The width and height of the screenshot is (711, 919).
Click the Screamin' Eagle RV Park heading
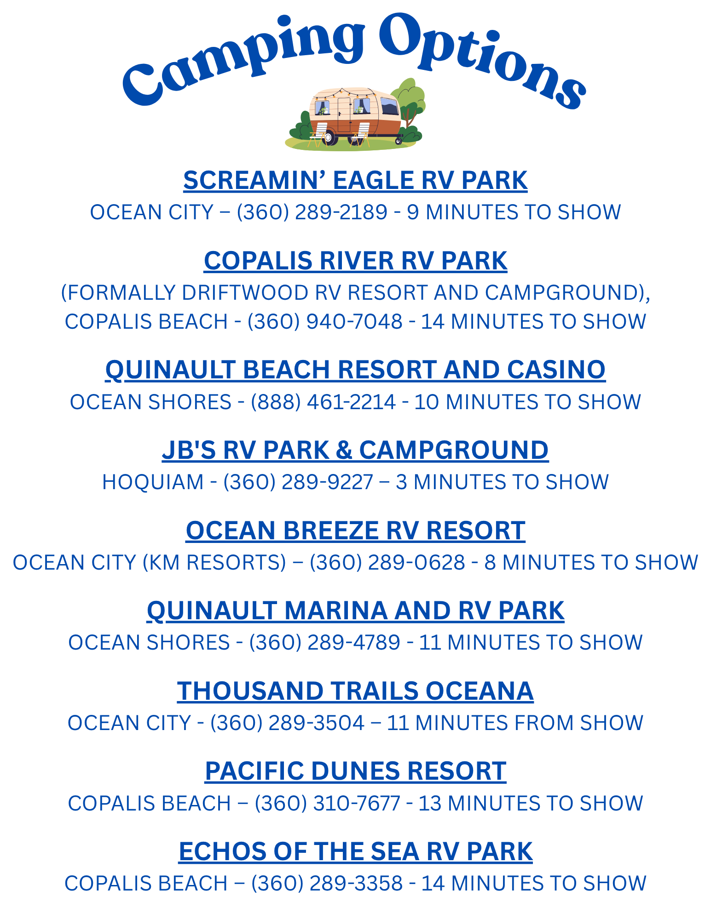click(355, 180)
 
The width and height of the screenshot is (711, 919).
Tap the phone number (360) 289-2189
click(312, 212)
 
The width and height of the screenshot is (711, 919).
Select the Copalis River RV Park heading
click(355, 261)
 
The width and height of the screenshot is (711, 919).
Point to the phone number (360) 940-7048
click(325, 321)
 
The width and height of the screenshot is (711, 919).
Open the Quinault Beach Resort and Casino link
click(355, 370)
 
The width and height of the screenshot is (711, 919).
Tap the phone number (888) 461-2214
click(323, 402)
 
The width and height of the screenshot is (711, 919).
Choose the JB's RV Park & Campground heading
click(355, 450)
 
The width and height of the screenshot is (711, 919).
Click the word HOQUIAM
click(153, 482)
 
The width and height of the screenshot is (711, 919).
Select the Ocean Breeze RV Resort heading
click(355, 530)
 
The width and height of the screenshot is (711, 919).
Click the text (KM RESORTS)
click(214, 563)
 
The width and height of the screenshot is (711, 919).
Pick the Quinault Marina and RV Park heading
click(355, 611)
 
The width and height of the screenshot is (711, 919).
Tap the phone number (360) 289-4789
click(325, 642)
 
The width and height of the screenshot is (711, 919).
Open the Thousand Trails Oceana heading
click(355, 691)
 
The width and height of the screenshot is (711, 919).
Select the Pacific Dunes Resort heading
click(355, 771)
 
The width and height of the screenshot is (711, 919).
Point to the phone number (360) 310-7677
click(327, 803)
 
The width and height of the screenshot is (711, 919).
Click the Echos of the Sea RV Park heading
click(355, 851)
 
